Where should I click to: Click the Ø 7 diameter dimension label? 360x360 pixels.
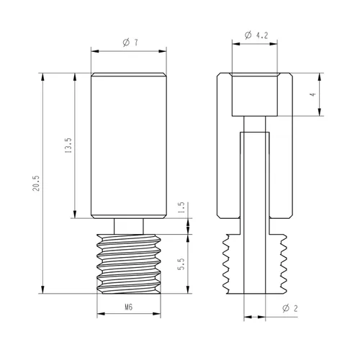[130, 42]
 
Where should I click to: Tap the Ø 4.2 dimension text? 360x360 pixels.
[256, 35]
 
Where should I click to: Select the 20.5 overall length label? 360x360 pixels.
[36, 184]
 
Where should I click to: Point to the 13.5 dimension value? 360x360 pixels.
[68, 145]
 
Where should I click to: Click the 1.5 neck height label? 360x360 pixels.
[181, 208]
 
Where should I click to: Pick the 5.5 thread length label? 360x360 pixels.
[181, 264]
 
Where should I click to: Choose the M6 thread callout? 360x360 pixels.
[129, 307]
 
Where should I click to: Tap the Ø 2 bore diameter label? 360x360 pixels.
[290, 308]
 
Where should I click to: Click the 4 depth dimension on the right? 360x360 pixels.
[312, 94]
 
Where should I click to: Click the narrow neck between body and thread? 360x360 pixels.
[129, 226]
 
